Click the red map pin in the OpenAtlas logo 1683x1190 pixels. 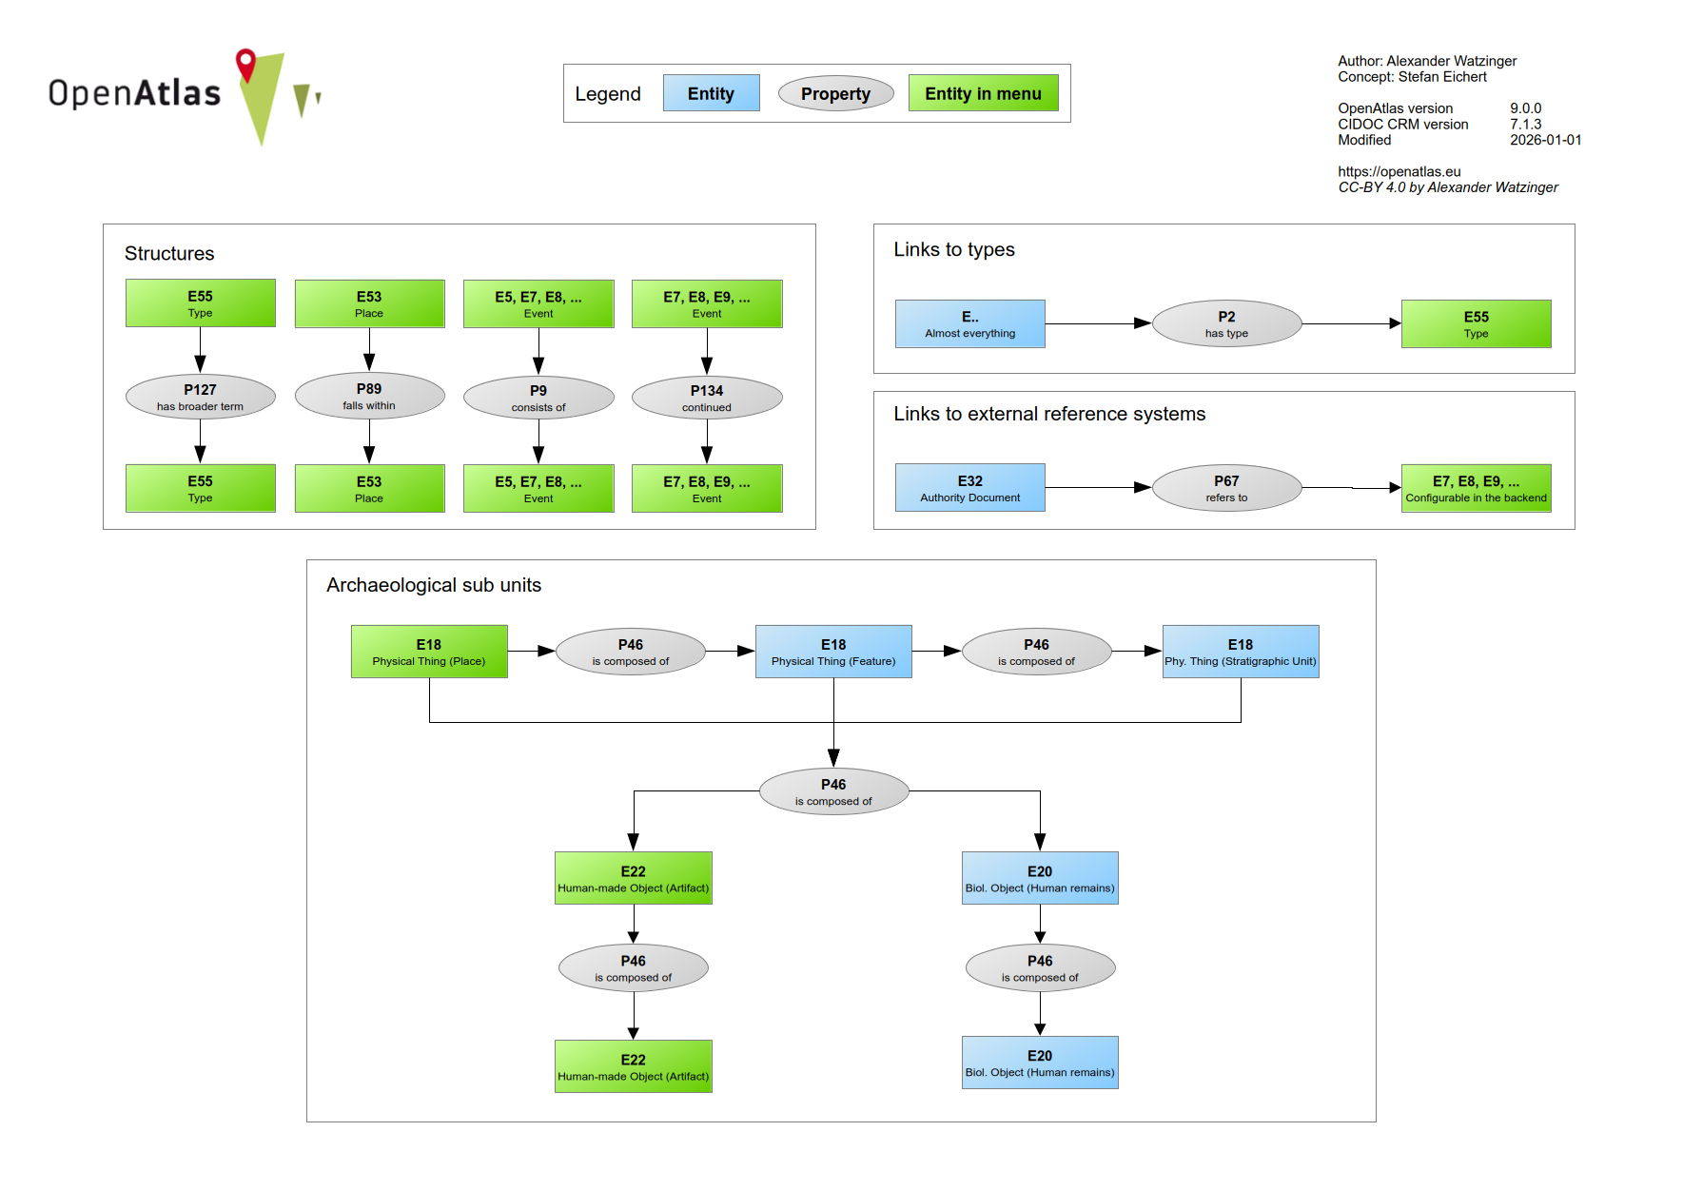[x=246, y=64]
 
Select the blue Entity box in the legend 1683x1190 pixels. [x=711, y=93]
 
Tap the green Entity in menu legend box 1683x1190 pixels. [x=983, y=93]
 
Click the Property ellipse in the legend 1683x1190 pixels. [x=835, y=93]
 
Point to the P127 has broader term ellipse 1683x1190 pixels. [x=200, y=397]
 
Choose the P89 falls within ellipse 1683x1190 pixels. [x=369, y=396]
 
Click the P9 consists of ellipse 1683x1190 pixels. [x=538, y=398]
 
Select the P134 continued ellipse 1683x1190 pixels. [x=707, y=398]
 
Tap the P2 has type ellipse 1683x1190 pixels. [x=1226, y=323]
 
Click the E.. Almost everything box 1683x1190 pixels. [x=969, y=323]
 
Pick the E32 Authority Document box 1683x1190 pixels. [x=969, y=488]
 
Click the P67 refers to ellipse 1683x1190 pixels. [x=1226, y=488]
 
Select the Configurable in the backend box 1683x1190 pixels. [x=1476, y=488]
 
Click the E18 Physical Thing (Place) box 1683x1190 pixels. [x=429, y=652]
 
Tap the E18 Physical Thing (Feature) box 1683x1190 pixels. [x=833, y=652]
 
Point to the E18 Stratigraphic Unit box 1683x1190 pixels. [x=1241, y=652]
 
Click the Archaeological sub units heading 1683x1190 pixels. [x=434, y=585]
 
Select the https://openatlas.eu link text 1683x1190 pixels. [x=1399, y=171]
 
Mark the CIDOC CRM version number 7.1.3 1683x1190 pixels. [x=1525, y=124]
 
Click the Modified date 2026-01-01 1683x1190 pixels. [x=1545, y=140]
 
